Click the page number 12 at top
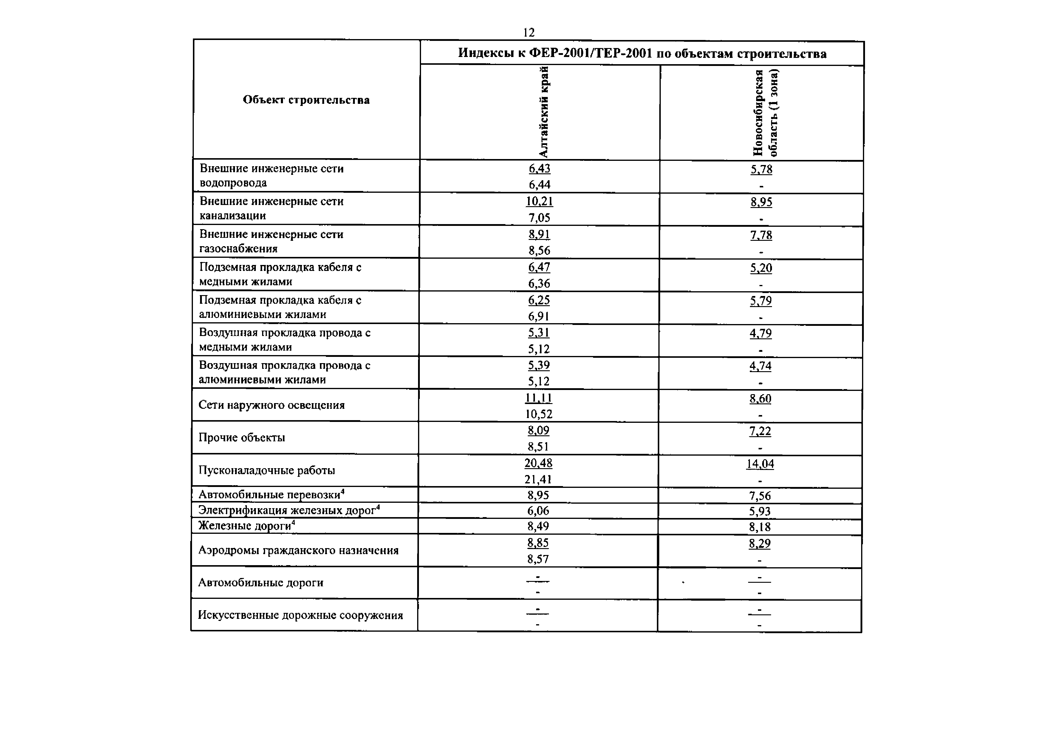click(528, 32)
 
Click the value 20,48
click(538, 463)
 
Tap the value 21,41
click(538, 479)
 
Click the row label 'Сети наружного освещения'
click(272, 405)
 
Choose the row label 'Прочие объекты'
click(242, 438)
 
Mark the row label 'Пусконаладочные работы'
click(267, 470)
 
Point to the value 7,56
click(759, 496)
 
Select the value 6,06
click(538, 511)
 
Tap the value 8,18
click(759, 527)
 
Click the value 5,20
click(761, 268)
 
